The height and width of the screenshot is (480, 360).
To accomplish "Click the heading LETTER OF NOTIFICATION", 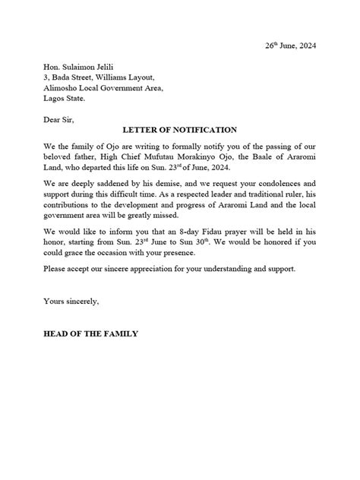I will click(x=180, y=130).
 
